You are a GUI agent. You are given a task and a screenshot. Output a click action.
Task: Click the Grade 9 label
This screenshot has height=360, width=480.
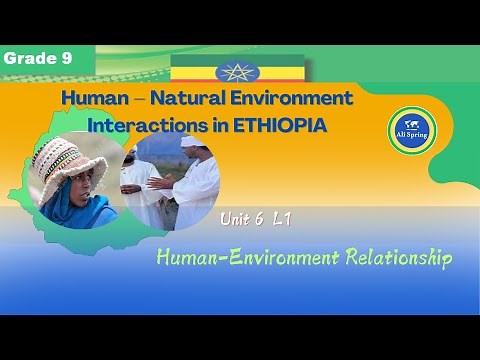coord(38,59)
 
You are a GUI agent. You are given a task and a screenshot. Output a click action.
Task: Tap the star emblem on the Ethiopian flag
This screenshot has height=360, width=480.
coord(237,72)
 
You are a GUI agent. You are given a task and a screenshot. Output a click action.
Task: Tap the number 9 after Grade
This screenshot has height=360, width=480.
coord(68,59)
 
